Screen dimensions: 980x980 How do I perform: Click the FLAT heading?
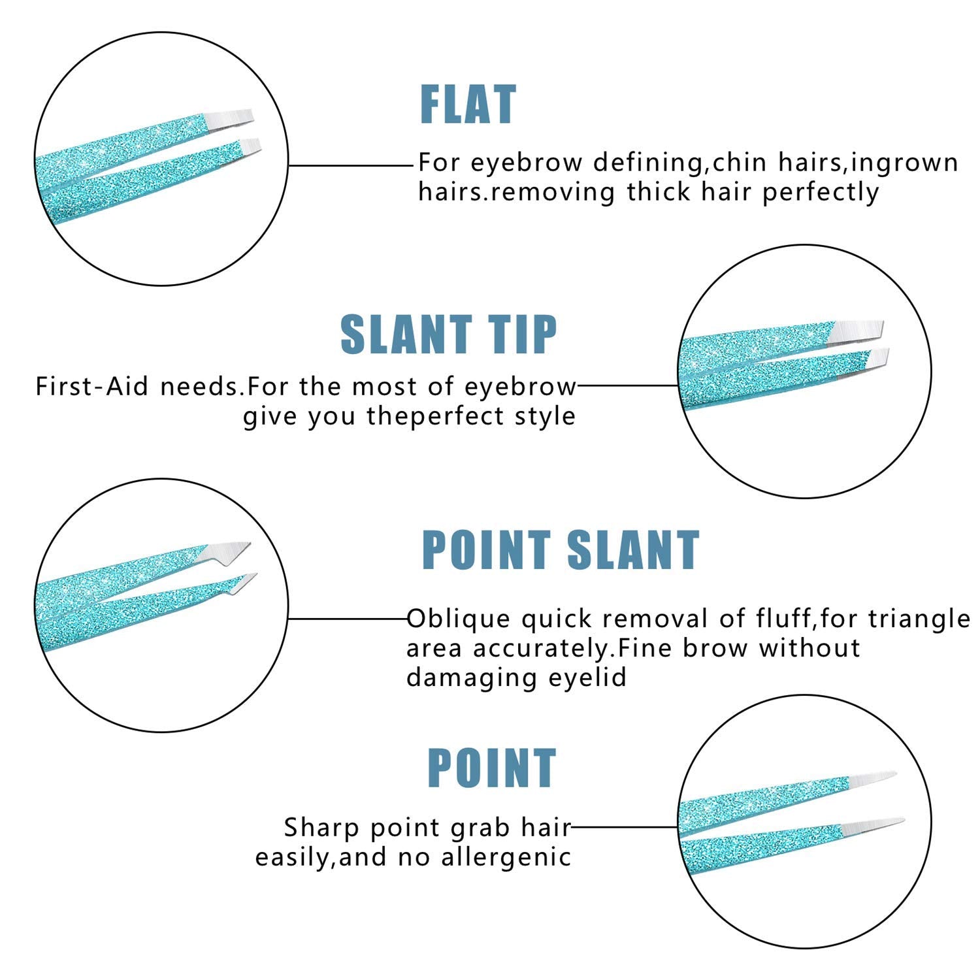(468, 105)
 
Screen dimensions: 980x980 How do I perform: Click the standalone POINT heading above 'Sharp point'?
(491, 768)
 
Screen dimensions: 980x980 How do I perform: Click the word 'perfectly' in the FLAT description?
(821, 193)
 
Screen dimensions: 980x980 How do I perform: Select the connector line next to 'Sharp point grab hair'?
(625, 826)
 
